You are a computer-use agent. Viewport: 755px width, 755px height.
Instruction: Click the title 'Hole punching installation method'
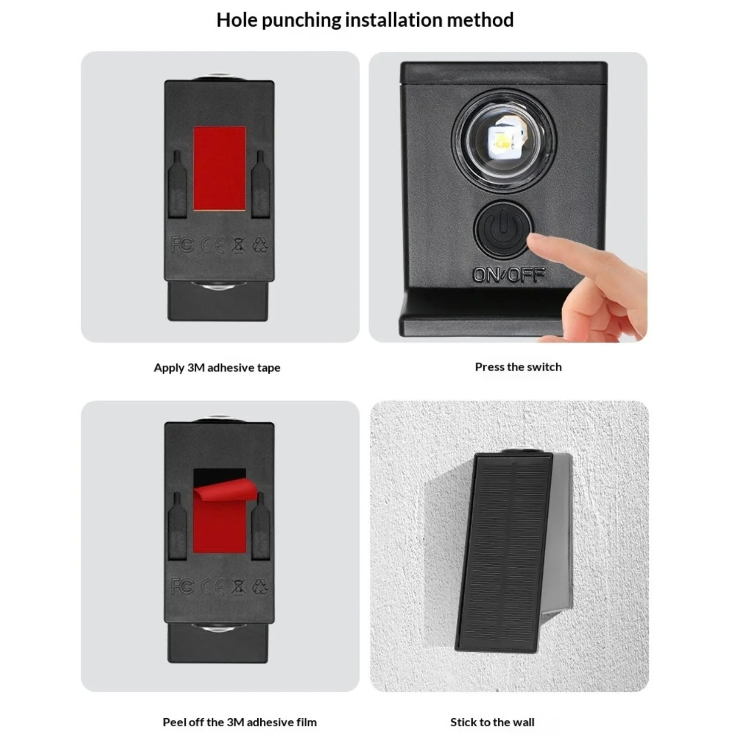coord(365,20)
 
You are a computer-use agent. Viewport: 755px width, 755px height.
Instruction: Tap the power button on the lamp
coord(503,230)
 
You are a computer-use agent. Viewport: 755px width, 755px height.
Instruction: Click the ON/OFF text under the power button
coord(509,274)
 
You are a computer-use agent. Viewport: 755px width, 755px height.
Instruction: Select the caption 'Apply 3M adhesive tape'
coord(217,368)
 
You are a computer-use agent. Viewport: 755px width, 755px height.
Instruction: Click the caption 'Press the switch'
coord(518,367)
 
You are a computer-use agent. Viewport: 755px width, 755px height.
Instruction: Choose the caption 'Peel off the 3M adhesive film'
coord(240,722)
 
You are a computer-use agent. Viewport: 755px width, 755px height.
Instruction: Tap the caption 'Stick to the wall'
coord(492,722)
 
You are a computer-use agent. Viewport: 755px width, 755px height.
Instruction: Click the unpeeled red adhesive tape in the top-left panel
coord(220,169)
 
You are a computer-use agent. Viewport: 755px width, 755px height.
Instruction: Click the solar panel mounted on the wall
coord(504,552)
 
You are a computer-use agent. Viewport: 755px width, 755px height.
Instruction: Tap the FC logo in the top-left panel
coord(182,245)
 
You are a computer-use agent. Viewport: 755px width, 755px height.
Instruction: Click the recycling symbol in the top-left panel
coord(260,245)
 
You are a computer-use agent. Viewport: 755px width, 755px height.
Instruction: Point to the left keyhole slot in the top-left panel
coord(177,185)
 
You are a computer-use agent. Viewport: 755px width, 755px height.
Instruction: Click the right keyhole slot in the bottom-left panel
coord(261,526)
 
